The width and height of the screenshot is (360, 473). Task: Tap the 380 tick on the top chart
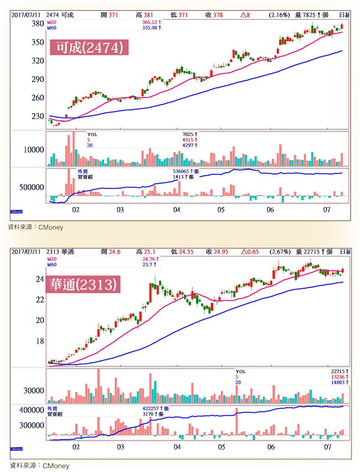(x=37, y=24)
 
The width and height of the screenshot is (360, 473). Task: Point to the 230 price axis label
(x=37, y=116)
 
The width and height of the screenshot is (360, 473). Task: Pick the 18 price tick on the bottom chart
(x=40, y=341)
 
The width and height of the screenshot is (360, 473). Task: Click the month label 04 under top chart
(x=176, y=211)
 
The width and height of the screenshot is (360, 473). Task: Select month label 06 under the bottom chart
(x=272, y=447)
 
